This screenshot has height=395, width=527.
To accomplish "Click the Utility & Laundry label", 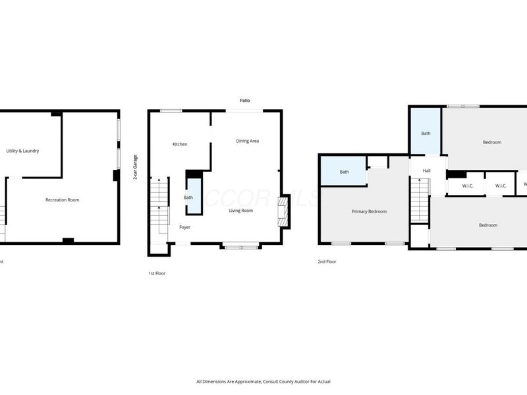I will coord(23,151).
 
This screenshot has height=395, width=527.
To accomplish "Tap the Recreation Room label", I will coord(62,199).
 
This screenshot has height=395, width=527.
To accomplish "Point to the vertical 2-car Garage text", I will coord(136,167).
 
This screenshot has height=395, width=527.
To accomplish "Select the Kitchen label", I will coord(180,144).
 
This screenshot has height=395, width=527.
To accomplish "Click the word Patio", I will coord(244,101).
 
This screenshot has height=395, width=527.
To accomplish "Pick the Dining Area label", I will coord(247,141).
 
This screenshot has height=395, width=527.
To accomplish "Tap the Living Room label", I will coord(241,211).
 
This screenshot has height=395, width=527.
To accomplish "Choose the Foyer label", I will coord(185,227).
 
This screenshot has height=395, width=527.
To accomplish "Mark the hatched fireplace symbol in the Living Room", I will coord(283,212).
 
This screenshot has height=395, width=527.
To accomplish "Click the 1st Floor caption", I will coord(157,273).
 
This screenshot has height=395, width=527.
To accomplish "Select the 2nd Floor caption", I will coord(327,261).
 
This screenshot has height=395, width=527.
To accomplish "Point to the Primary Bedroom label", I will coord(369,211).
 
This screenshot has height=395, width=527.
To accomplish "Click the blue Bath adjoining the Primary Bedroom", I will coord(344,172).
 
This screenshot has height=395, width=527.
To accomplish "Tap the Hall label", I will coord(426,171).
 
